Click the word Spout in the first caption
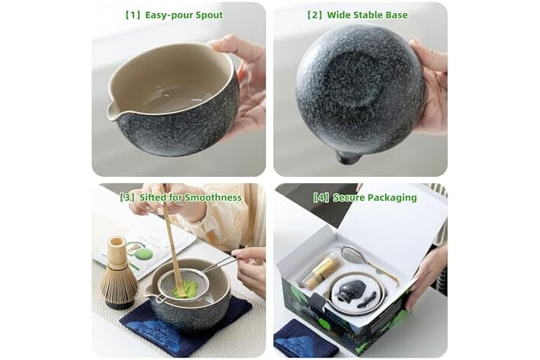209,15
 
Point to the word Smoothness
213,198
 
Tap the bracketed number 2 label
315,15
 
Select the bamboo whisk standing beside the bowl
118,272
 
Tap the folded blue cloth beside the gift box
306,339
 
